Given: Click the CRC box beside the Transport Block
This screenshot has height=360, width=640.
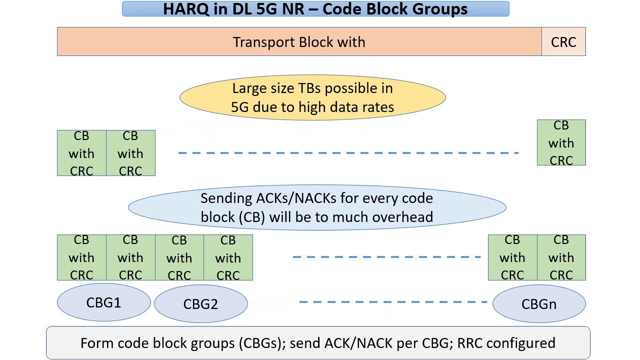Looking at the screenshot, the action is tap(563, 41).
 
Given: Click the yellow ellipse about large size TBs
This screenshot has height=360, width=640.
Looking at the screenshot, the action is tap(312, 97).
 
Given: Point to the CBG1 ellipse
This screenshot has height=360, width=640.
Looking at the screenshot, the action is tap(103, 302).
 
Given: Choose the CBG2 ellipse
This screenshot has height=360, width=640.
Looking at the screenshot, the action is tap(201, 303).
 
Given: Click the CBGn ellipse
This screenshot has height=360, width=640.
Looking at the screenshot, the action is tap(539, 303).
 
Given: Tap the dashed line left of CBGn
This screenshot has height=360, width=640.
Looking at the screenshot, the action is tap(393, 302).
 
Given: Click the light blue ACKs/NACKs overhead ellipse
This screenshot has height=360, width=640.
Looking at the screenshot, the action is tap(317, 207).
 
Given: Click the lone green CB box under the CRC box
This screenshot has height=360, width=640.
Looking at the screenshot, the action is tap(561, 142).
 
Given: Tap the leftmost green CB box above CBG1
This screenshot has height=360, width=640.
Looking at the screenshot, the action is tap(81, 257).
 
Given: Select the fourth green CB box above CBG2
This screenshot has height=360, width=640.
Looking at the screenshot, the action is tap(228, 257).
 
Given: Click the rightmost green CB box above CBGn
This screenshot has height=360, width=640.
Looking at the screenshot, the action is tap(561, 257).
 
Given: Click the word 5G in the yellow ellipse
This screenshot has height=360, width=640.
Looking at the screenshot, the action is tap(239, 107).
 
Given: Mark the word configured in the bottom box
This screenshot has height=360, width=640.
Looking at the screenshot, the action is tap(521, 343).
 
